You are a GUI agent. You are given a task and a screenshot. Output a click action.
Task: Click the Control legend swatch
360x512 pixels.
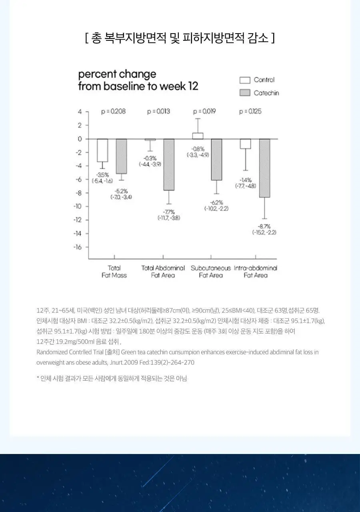[x=245, y=80]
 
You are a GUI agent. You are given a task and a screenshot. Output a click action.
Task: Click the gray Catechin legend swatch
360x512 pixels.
[x=245, y=93]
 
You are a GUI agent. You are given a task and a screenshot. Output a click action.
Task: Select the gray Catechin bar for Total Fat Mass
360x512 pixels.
[x=121, y=156]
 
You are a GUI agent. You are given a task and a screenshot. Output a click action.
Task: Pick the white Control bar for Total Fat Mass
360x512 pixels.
[x=102, y=150]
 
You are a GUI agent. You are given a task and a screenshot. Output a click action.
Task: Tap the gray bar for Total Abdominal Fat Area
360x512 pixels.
[x=169, y=164]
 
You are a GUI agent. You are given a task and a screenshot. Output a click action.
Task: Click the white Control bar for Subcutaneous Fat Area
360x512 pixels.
[x=198, y=136]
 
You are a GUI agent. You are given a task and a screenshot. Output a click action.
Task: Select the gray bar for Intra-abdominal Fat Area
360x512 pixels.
[x=264, y=168]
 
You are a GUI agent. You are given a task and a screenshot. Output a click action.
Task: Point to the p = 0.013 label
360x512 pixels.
[x=158, y=111]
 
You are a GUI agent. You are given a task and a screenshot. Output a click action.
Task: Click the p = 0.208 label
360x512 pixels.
[x=113, y=111]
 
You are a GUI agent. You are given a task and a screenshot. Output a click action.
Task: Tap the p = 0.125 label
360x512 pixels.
[x=250, y=111]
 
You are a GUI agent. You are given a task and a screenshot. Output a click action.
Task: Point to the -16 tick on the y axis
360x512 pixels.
[x=78, y=247]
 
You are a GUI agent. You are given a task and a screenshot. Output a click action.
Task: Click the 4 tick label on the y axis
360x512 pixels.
[x=80, y=112]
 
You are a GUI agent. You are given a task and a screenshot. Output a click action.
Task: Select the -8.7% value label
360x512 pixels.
[x=264, y=226]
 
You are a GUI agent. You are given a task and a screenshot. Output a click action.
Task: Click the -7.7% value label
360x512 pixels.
[x=169, y=212]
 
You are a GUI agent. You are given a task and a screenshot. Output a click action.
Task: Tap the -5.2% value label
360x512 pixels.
[x=121, y=191]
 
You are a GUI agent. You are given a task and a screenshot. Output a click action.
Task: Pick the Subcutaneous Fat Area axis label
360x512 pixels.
[x=211, y=272]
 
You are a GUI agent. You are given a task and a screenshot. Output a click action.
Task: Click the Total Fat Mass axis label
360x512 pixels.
[x=114, y=272]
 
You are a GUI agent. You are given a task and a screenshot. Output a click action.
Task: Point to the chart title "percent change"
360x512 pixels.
[x=117, y=74]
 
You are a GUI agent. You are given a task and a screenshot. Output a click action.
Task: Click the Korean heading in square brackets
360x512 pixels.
[x=180, y=38]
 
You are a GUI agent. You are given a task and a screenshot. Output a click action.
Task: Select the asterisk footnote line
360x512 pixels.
[x=112, y=378]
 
